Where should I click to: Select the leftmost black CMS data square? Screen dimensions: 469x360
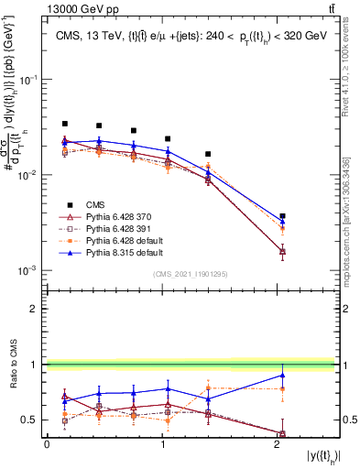[64, 124]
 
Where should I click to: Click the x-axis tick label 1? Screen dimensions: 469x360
[162, 443]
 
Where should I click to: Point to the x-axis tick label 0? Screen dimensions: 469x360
[47, 443]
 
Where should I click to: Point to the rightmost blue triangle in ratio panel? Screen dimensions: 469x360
[282, 375]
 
